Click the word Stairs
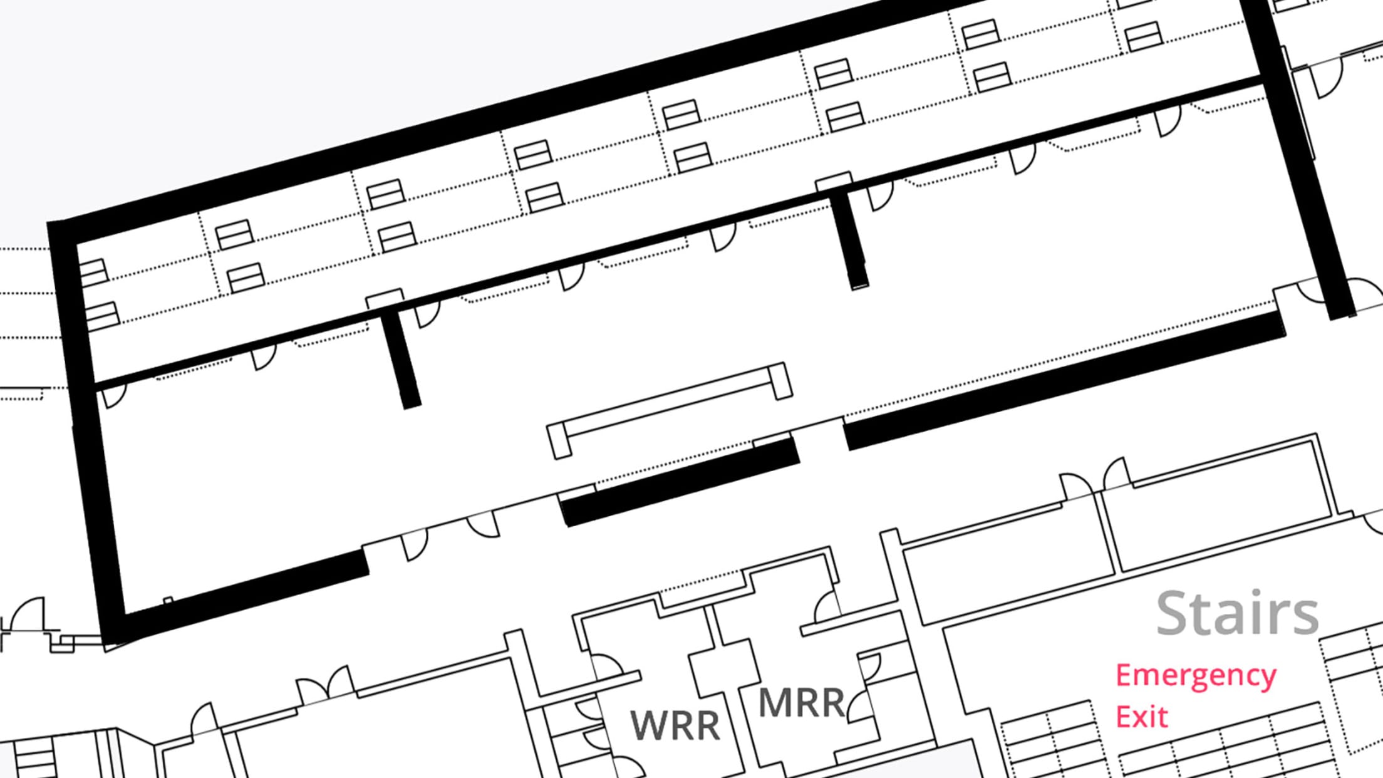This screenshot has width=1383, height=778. point(1237,613)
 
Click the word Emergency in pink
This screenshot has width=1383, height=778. point(1195,677)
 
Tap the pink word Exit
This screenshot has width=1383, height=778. point(1141,717)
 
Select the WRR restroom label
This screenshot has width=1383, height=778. point(675,725)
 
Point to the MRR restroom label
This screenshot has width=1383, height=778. point(801,702)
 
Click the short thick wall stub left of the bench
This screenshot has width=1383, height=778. point(401,360)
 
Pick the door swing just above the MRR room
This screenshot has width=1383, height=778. point(827,606)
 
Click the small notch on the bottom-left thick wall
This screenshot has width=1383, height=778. point(168,601)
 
